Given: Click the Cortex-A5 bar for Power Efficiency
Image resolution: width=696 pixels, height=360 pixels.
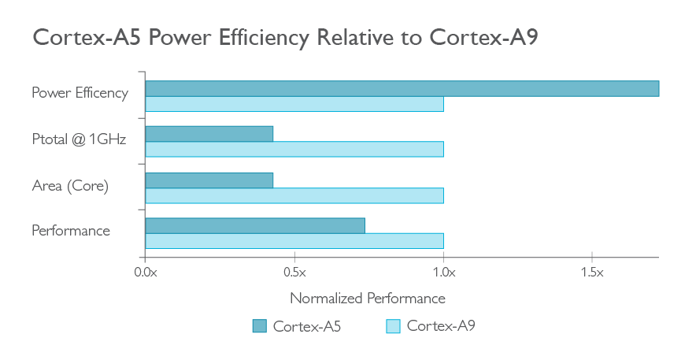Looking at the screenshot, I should point(402,88).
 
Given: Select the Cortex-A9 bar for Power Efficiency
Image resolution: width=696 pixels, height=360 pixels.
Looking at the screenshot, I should point(294,104).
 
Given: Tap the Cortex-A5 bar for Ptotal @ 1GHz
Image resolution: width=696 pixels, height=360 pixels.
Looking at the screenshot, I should point(209,134).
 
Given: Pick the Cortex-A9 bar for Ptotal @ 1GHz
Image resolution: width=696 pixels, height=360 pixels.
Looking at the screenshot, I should point(294,150).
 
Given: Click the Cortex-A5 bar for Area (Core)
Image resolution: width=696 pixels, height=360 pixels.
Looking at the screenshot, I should point(209,180).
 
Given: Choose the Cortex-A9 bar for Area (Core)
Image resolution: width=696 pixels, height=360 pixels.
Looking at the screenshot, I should point(294,195).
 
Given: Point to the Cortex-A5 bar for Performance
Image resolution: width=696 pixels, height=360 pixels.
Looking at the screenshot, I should point(255,225).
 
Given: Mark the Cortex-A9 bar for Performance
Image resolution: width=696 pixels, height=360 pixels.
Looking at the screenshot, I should point(294,241).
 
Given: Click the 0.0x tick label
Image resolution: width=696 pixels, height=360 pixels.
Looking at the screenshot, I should point(146,272).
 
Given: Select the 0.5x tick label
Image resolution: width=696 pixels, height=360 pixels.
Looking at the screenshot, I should point(294,272).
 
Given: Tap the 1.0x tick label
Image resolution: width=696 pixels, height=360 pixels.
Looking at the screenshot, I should point(443,272).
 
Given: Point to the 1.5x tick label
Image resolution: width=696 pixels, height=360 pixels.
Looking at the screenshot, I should point(592,272).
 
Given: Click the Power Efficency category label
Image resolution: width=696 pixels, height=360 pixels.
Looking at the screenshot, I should point(80,93).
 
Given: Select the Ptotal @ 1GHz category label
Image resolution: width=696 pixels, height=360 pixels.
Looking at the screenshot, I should point(79,139).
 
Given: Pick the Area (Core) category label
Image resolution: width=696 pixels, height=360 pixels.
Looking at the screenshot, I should point(70,186).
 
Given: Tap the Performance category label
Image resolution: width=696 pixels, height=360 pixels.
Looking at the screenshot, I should point(71,231).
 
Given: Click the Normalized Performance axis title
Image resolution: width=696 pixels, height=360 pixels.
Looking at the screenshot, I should point(368,299).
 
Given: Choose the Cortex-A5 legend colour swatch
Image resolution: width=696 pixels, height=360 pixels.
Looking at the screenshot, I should point(260,326).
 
